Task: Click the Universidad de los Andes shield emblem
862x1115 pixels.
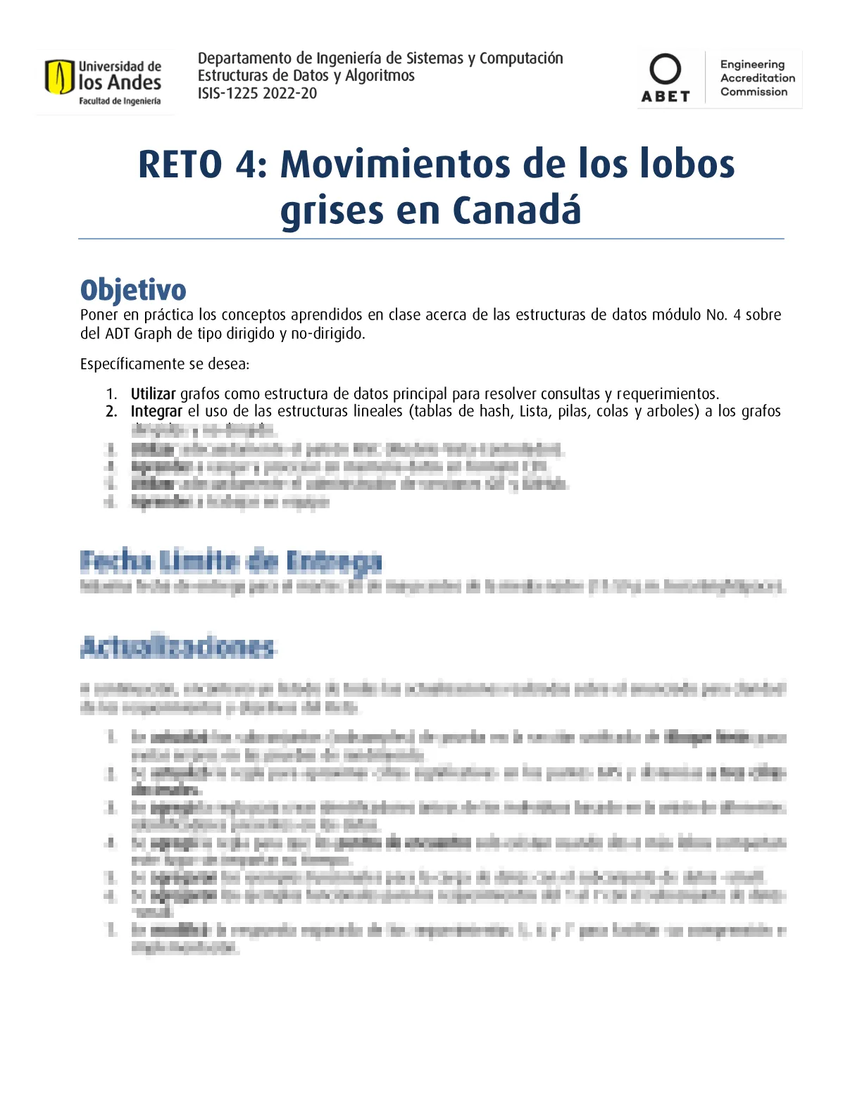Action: coord(59,77)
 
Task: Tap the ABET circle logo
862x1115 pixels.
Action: coord(665,70)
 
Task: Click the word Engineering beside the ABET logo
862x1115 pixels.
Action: coord(752,64)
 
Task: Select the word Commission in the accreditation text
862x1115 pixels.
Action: coord(754,92)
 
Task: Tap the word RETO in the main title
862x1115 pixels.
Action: coord(180,165)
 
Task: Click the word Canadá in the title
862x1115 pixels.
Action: coord(516,210)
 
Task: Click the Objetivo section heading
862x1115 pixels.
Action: coord(133,290)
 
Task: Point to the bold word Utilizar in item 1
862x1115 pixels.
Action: coord(153,394)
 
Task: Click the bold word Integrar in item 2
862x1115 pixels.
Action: coord(156,411)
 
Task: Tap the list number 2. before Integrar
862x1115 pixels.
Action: coord(111,411)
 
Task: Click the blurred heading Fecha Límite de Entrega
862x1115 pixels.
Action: coord(231,562)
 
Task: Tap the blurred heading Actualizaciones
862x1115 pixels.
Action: coord(177,648)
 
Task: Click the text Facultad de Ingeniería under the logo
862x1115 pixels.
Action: coord(120,101)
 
